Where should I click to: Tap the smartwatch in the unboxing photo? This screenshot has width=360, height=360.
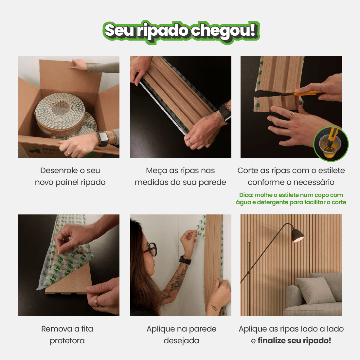pyautogui.click(x=103, y=138)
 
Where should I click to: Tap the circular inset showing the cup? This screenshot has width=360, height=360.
pyautogui.click(x=331, y=144)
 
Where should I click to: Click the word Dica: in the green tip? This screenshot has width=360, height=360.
pyautogui.click(x=246, y=195)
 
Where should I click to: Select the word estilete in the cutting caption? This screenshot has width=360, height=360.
pyautogui.click(x=332, y=171)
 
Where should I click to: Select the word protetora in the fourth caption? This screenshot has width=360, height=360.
pyautogui.click(x=67, y=341)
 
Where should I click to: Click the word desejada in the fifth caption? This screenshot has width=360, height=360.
pyautogui.click(x=181, y=341)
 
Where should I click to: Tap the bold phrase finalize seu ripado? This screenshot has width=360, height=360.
pyautogui.click(x=294, y=341)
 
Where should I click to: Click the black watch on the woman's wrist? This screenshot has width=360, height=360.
pyautogui.click(x=186, y=260)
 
